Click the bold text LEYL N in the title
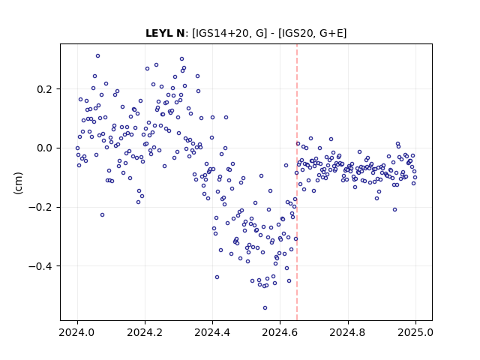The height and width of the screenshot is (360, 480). [x=165, y=33]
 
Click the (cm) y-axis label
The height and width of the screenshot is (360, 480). [x=18, y=183]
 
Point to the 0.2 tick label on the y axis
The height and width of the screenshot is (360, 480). [x=44, y=89]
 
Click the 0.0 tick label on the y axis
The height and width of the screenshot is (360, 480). [x=44, y=148]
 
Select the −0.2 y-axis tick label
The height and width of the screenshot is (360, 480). [x=40, y=207]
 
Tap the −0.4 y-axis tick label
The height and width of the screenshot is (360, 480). [x=40, y=266]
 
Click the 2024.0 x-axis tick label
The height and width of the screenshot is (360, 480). [x=77, y=332]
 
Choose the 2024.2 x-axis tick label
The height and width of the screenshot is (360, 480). [x=145, y=332]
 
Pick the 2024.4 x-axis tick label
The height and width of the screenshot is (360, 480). [x=212, y=332]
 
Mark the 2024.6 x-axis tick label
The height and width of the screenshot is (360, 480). [x=280, y=332]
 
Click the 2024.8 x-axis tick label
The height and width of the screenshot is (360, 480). [x=348, y=332]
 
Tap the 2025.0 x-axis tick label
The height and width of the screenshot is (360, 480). [x=415, y=332]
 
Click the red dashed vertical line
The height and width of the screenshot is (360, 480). [x=297, y=182]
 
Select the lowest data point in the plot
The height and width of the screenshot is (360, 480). [x=265, y=307]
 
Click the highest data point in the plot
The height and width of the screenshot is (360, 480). [x=98, y=55]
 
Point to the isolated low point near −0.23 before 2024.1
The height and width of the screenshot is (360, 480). [x=102, y=215]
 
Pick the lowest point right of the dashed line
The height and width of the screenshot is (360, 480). [x=395, y=210]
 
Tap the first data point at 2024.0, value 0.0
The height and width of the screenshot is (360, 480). [x=77, y=148]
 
